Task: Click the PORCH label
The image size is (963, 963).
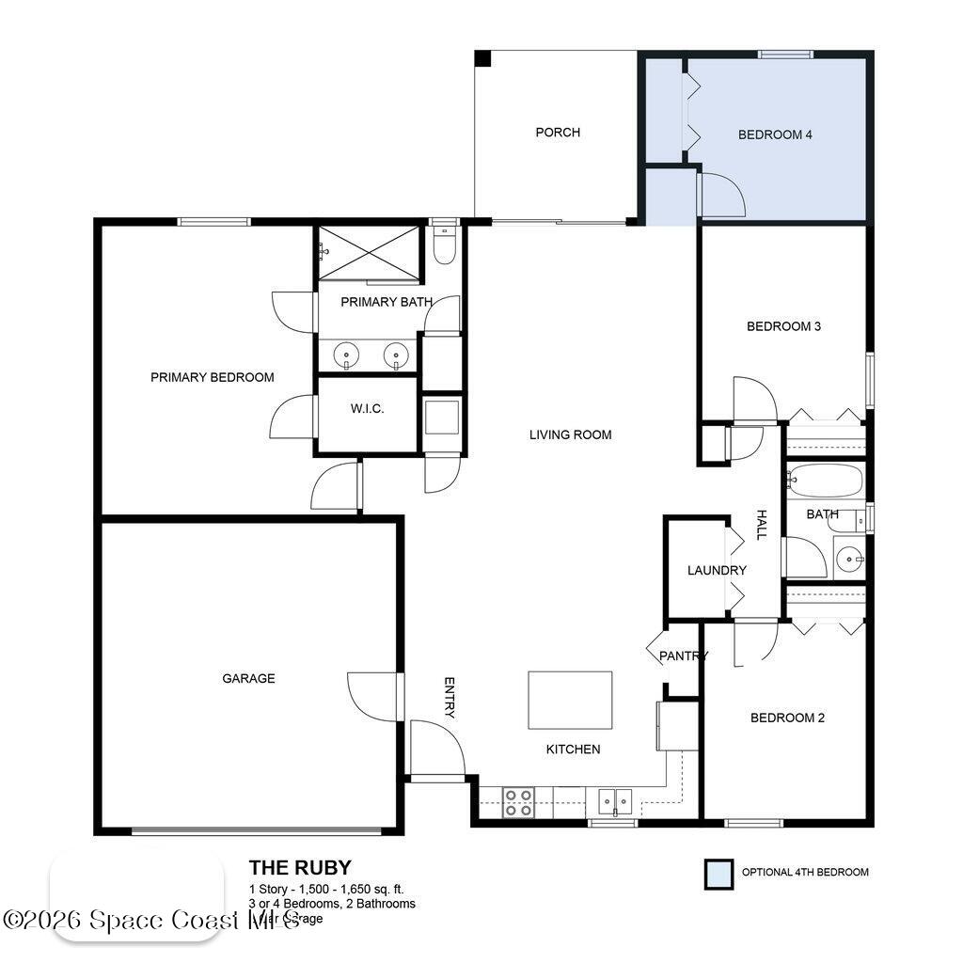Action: [558, 133]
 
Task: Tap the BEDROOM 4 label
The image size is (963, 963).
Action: [775, 134]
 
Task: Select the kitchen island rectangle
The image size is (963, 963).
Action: [570, 700]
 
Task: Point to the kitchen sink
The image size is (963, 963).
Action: [615, 802]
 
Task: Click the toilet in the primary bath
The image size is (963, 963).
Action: [444, 245]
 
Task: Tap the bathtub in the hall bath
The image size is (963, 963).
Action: [825, 481]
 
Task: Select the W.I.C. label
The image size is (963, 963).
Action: [367, 409]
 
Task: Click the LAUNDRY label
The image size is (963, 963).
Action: [717, 570]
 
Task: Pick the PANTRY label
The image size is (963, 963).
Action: [683, 655]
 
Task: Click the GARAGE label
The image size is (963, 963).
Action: [248, 678]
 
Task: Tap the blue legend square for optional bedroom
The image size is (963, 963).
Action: [718, 874]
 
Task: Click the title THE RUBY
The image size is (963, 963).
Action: [300, 868]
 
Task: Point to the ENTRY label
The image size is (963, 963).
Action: [450, 698]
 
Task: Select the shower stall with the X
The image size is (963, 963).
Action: [368, 252]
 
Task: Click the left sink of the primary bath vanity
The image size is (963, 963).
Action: [347, 355]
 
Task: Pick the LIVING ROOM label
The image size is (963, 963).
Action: [570, 434]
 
